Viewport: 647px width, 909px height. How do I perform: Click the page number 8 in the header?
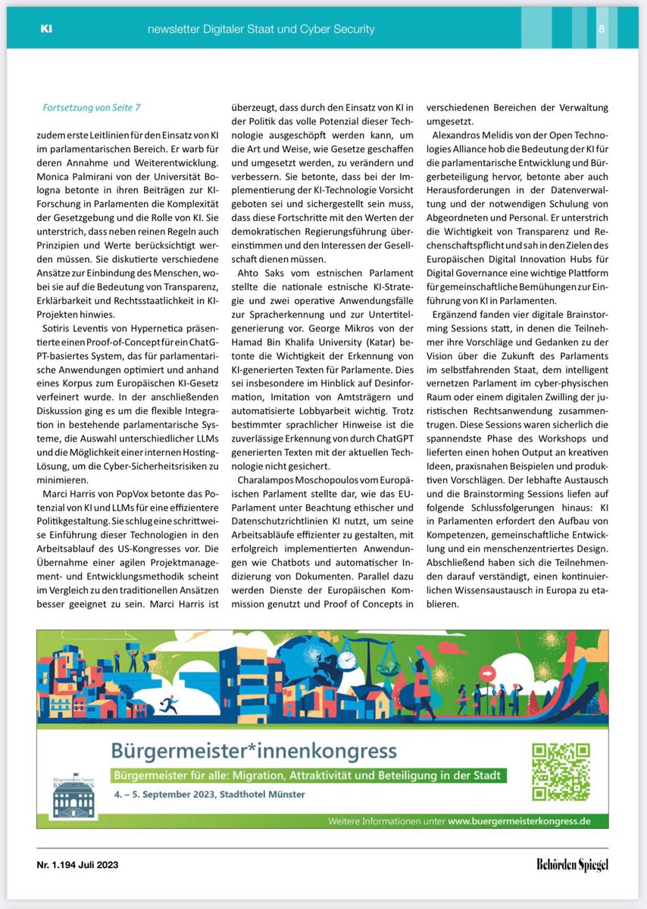click(x=601, y=30)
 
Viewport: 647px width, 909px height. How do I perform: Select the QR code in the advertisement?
click(x=561, y=773)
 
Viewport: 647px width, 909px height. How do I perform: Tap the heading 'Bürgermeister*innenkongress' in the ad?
click(x=253, y=751)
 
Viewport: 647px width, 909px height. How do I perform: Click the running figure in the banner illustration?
click(x=170, y=707)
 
